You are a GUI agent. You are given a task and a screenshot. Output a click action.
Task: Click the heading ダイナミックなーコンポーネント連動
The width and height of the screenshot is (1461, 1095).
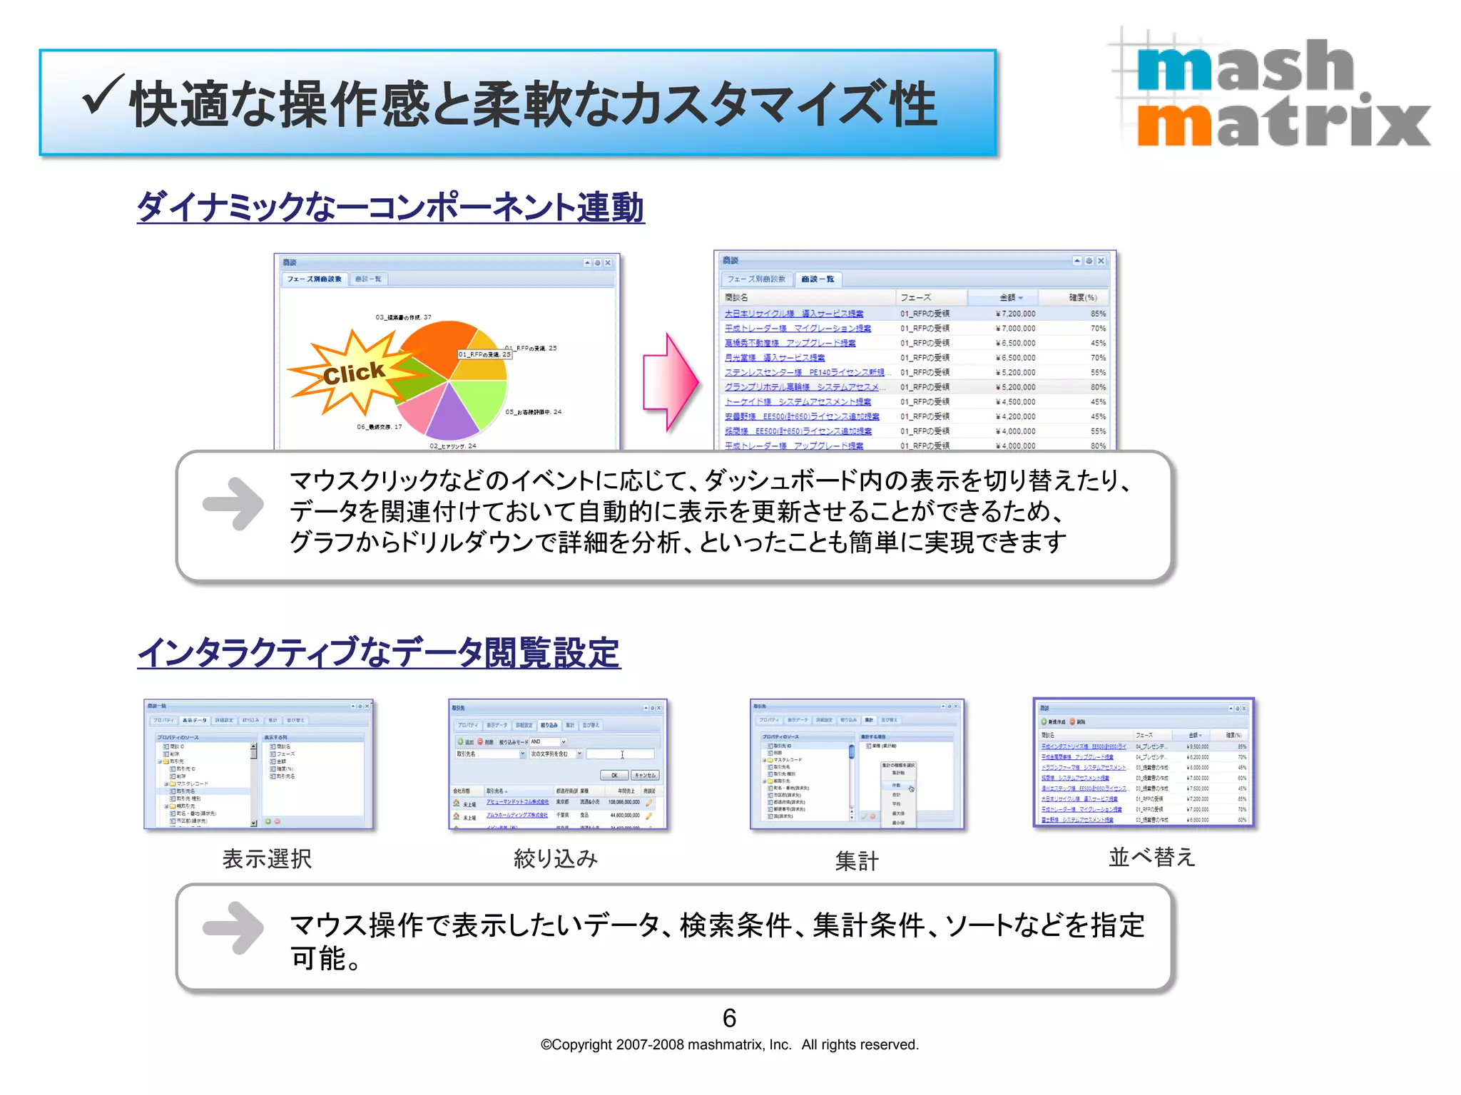click(x=390, y=207)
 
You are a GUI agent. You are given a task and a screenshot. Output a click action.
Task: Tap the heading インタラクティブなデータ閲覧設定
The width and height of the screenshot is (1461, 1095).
click(x=379, y=652)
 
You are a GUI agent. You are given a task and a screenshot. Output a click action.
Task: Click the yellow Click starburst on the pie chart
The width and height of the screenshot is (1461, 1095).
click(x=353, y=372)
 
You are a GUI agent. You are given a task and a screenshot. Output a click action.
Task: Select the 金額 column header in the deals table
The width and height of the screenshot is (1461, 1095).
click(x=1009, y=297)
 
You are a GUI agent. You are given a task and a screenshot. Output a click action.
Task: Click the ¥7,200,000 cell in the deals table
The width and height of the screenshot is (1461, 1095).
click(x=1015, y=314)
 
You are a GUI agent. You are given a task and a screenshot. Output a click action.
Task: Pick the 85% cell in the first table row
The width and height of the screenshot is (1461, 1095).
click(x=1097, y=314)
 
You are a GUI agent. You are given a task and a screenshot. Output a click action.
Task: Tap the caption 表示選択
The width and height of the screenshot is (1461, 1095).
click(x=267, y=858)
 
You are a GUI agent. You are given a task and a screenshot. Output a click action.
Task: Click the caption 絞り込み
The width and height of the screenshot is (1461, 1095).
click(x=556, y=858)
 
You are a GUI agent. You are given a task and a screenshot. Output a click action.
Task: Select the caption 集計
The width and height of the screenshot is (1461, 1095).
click(x=857, y=860)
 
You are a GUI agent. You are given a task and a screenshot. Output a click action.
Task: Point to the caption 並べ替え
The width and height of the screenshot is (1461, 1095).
click(x=1151, y=856)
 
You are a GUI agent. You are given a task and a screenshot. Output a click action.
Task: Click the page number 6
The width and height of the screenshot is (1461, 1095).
click(x=729, y=1017)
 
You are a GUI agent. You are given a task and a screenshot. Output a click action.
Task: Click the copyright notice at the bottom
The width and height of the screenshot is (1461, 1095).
click(x=729, y=1044)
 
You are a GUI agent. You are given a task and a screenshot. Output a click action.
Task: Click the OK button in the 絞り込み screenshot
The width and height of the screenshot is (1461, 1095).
click(x=614, y=775)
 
